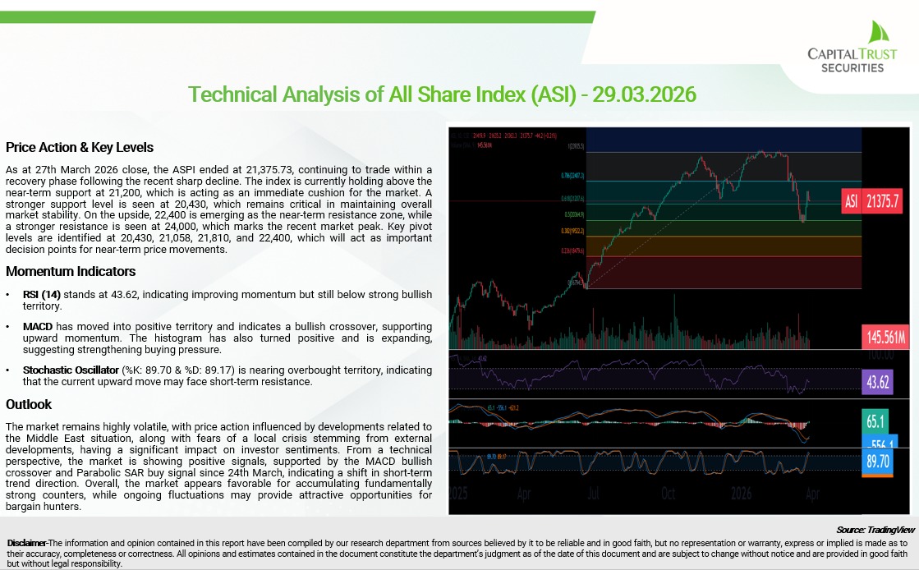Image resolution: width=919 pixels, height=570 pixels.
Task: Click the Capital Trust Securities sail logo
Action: click(x=875, y=34)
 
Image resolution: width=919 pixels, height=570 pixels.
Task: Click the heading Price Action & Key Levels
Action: click(x=80, y=148)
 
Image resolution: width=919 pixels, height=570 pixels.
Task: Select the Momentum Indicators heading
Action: click(x=71, y=271)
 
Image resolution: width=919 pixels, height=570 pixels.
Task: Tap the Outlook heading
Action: click(x=29, y=404)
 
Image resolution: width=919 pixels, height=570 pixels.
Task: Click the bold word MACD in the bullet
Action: click(x=39, y=327)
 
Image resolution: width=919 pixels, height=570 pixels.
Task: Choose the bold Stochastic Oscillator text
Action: click(x=71, y=370)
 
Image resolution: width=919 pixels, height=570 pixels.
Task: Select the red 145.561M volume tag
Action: click(x=884, y=337)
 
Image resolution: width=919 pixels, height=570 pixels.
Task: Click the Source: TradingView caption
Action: click(x=875, y=531)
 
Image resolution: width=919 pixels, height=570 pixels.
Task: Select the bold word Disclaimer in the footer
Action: click(x=26, y=544)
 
